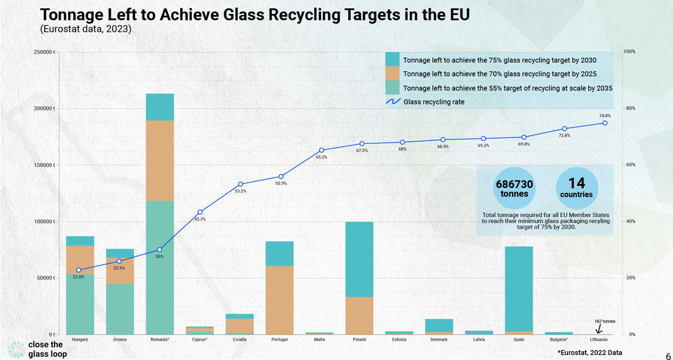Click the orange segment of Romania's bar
[160, 160]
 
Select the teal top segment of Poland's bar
[359, 259]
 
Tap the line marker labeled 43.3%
[200, 212]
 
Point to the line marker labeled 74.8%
[605, 123]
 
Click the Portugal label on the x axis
[279, 340]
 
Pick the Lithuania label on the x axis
[599, 340]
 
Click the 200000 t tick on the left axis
[45, 109]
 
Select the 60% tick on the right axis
[630, 165]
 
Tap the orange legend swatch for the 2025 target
[392, 74]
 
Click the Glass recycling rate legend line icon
[393, 102]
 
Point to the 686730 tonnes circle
[515, 188]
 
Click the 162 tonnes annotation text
[605, 321]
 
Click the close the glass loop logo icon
[16, 349]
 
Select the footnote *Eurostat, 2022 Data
[590, 353]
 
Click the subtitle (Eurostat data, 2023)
[86, 29]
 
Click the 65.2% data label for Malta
[321, 157]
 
